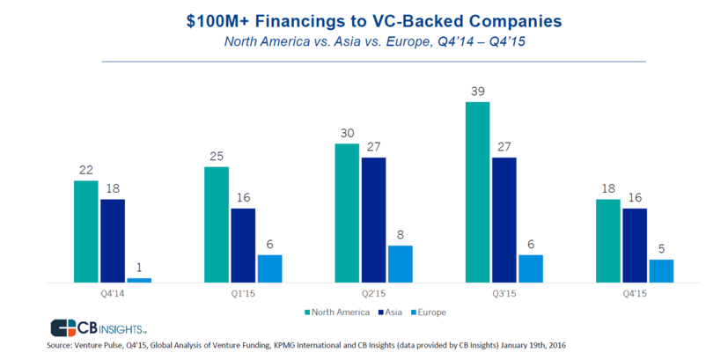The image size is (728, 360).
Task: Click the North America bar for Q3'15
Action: click(x=477, y=192)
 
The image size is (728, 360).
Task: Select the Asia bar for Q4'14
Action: click(x=113, y=240)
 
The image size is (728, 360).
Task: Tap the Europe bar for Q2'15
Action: click(x=400, y=264)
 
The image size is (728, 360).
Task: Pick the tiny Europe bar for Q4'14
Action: click(x=139, y=280)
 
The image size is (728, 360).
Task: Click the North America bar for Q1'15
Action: click(x=217, y=224)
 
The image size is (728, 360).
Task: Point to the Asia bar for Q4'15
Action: click(x=634, y=246)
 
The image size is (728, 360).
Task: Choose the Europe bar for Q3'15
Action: click(x=530, y=268)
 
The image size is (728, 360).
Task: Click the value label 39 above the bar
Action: click(x=477, y=92)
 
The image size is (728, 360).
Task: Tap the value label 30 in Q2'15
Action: click(x=347, y=133)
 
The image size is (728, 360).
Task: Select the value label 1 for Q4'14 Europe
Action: click(x=139, y=268)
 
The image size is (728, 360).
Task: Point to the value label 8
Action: click(x=400, y=235)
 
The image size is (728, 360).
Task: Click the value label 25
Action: click(x=217, y=156)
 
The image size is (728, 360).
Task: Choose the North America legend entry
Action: click(x=334, y=311)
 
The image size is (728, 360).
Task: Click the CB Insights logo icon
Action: click(x=63, y=327)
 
